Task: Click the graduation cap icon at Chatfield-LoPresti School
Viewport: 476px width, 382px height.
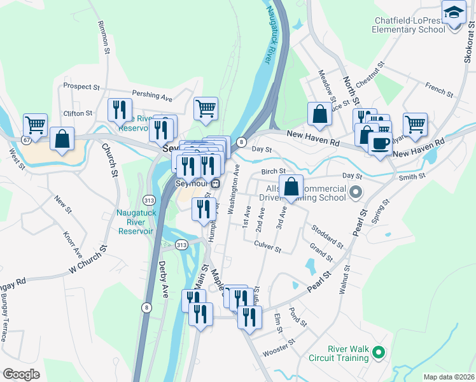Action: click(453, 13)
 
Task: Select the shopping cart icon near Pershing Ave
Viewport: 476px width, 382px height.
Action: click(206, 109)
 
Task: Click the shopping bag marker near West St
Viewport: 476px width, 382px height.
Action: click(62, 139)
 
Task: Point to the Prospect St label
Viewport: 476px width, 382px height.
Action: click(82, 86)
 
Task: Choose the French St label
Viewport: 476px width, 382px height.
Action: click(439, 90)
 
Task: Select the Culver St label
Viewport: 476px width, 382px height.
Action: click(267, 246)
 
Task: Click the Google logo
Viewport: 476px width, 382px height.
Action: click(21, 374)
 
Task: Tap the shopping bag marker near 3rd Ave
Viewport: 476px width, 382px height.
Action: click(291, 187)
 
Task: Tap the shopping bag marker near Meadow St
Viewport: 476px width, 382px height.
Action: click(319, 115)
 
